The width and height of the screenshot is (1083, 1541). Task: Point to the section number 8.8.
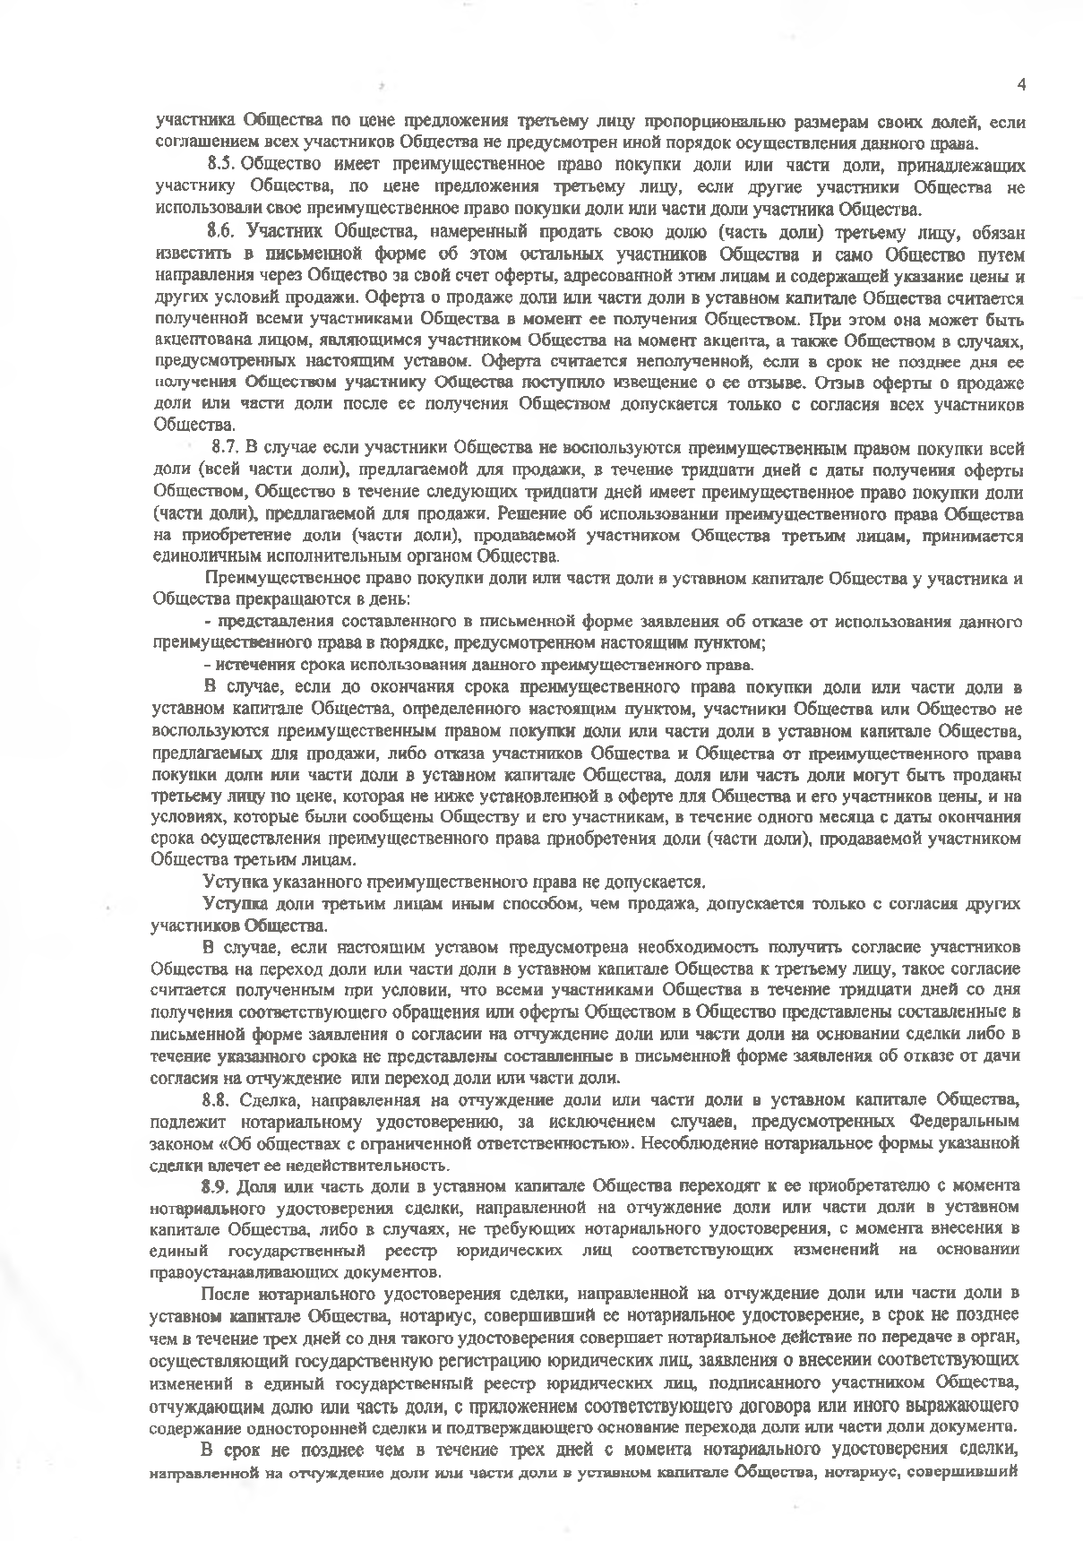(x=217, y=1099)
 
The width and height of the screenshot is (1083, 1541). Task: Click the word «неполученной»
(x=700, y=361)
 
